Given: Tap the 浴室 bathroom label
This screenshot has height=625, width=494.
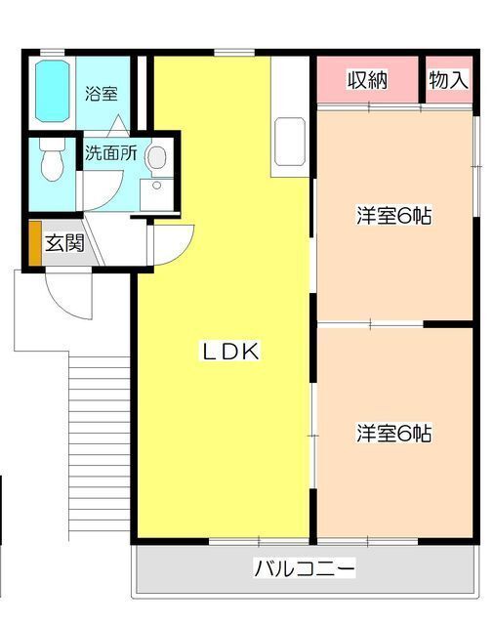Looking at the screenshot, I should [101, 95].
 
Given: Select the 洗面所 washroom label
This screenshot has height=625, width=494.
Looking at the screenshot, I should [109, 153].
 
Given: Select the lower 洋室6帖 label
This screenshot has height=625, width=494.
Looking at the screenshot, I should [393, 432].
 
